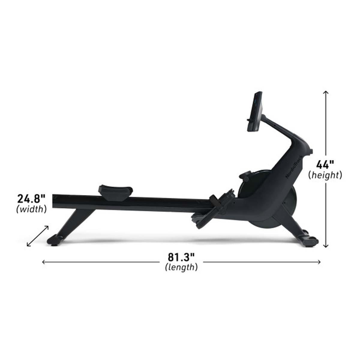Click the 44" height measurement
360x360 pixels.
(x=325, y=165)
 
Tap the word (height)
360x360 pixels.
(x=325, y=175)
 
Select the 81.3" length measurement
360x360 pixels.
(x=181, y=257)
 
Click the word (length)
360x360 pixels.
(x=181, y=267)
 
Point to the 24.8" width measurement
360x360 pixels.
(x=31, y=199)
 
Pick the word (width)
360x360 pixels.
(x=31, y=209)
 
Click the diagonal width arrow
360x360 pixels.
(x=38, y=236)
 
